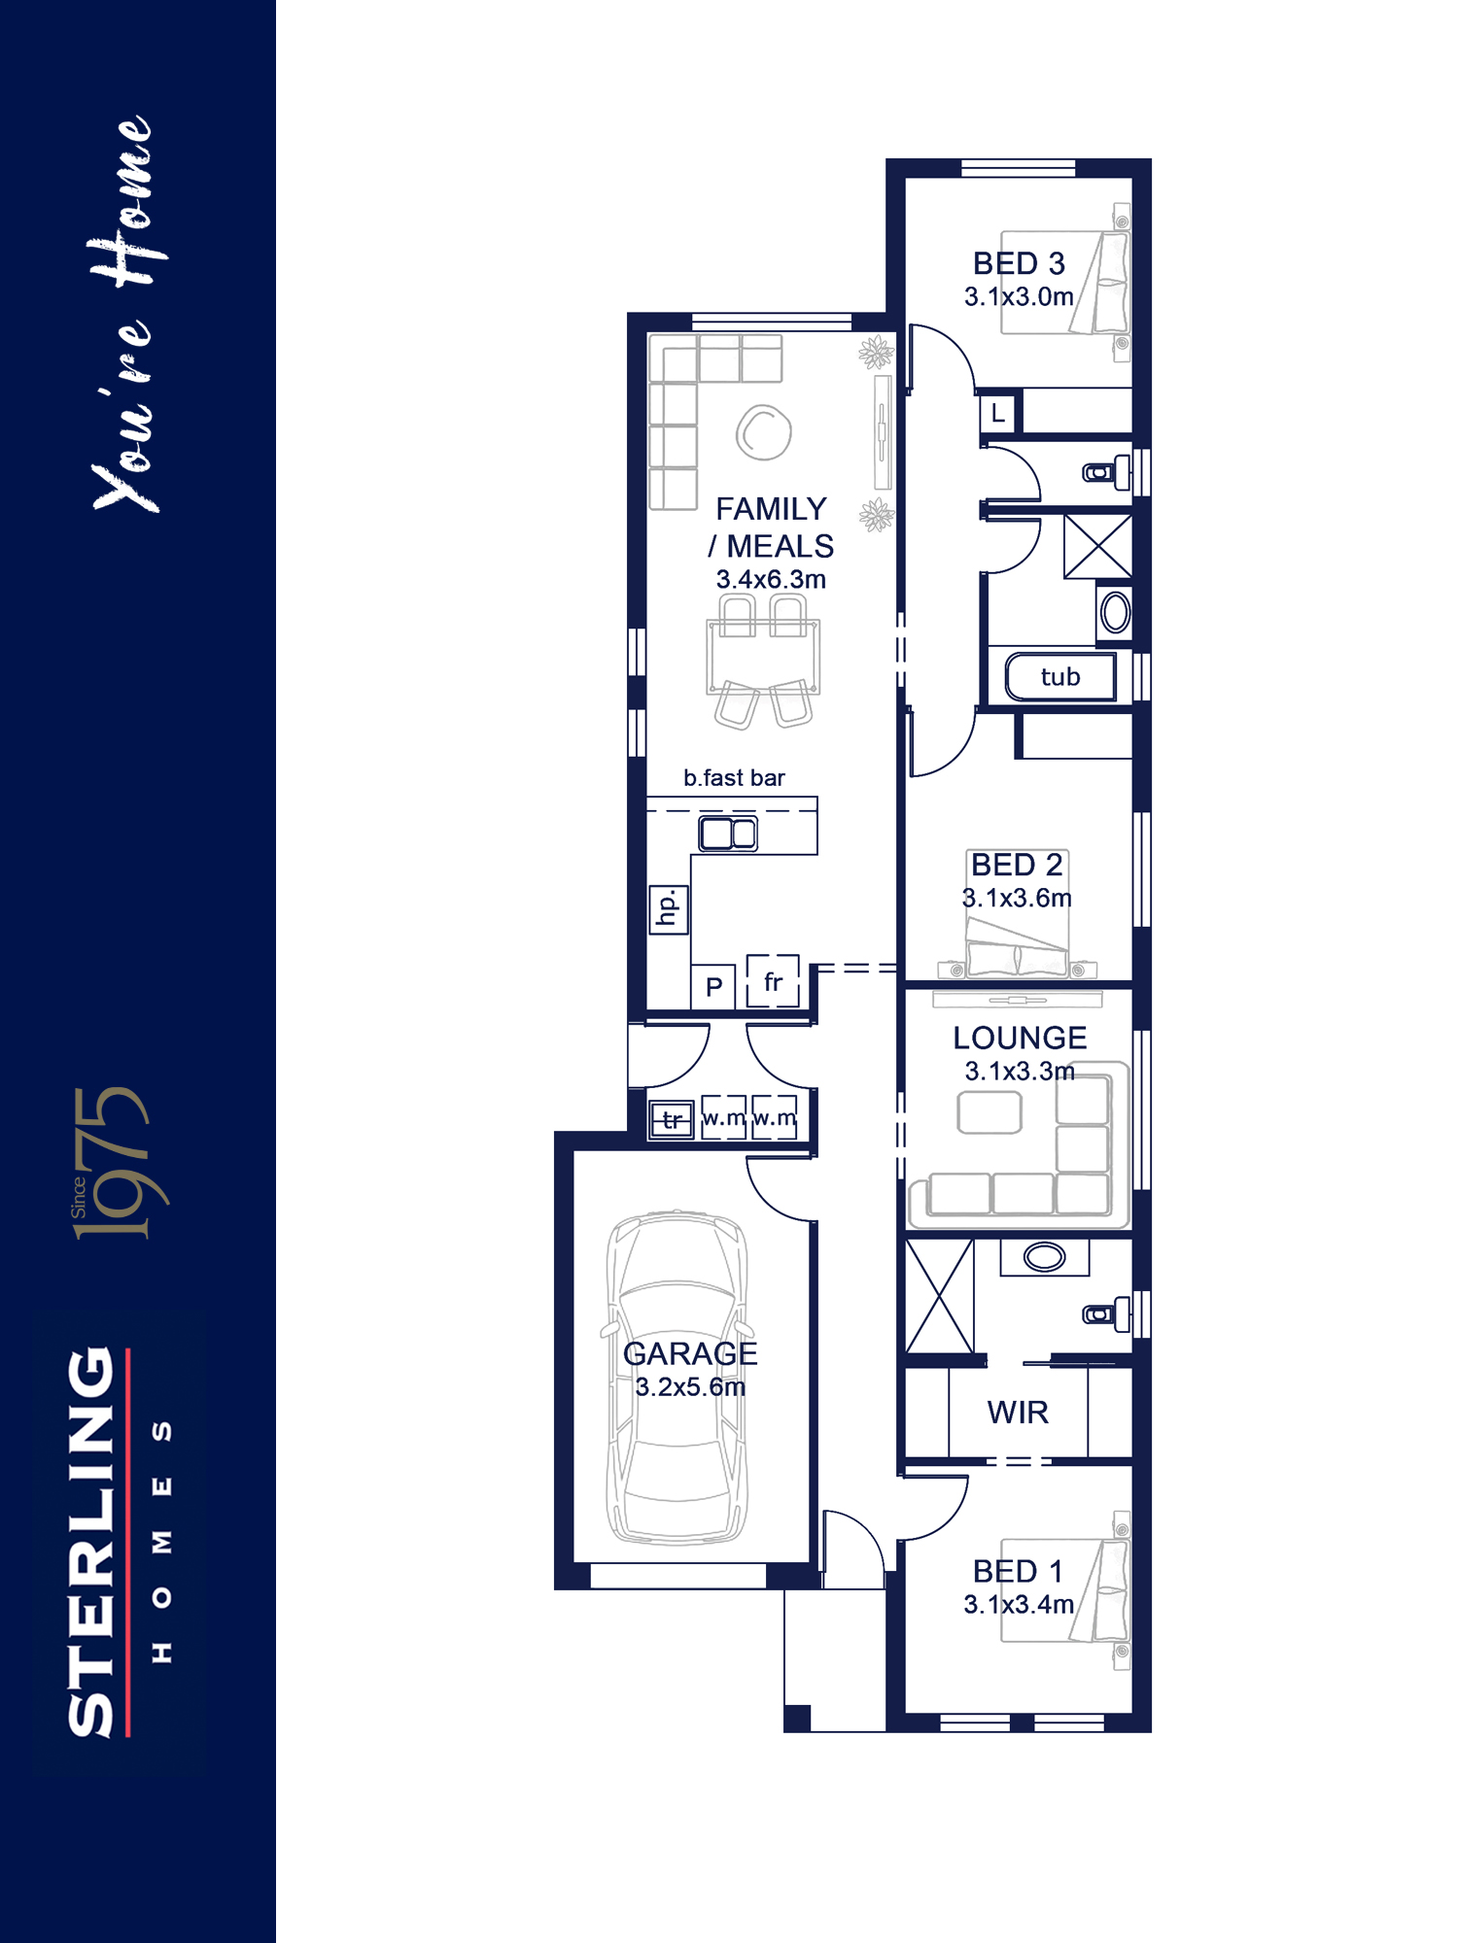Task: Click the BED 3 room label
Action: point(1019,263)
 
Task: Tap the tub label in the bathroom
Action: point(1059,676)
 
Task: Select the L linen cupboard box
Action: point(998,413)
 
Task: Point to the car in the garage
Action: point(677,1377)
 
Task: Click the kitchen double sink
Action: point(728,834)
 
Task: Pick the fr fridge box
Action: point(773,981)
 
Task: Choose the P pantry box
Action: point(713,987)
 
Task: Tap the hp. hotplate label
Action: point(668,909)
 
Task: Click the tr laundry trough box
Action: point(672,1119)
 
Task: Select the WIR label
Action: point(1018,1412)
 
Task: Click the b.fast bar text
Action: point(734,777)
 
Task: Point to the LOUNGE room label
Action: point(1020,1038)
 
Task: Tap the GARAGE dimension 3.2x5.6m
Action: point(690,1386)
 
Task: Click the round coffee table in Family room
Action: point(764,432)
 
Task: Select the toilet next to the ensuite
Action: point(1107,1314)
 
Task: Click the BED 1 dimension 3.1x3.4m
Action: point(1019,1604)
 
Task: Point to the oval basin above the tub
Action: point(1115,613)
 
